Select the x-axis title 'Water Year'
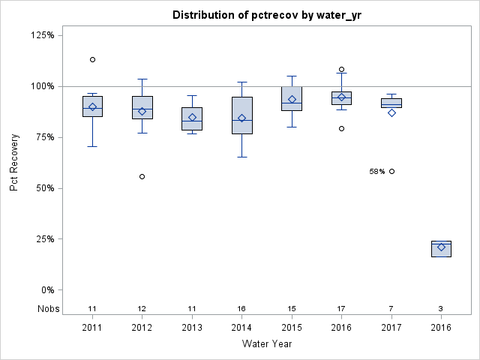266,344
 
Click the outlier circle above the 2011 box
92,59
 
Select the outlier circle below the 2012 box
142,176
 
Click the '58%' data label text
376,172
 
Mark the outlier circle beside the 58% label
391,171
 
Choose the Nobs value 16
241,308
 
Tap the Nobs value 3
441,308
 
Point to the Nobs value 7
391,308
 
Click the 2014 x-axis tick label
241,328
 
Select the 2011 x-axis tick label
92,328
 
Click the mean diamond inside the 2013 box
192,117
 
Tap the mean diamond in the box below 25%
441,247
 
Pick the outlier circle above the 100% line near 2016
341,69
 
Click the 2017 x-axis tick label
391,328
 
